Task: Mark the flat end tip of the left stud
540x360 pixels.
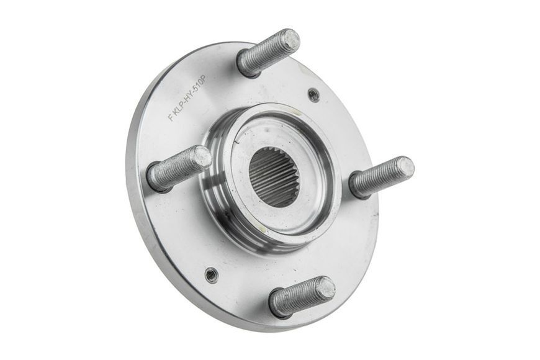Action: (x=202, y=157)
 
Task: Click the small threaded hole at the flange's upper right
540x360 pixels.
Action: (x=313, y=94)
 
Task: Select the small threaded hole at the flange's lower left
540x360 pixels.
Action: (x=211, y=274)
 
